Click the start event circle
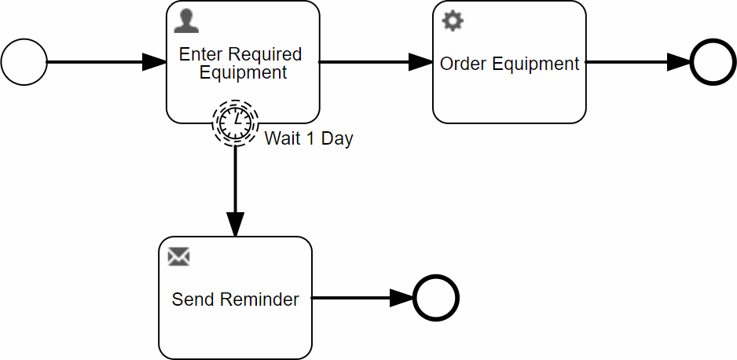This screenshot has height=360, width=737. [x=24, y=62]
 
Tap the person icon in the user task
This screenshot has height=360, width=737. [x=185, y=21]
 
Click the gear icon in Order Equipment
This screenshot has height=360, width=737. [x=453, y=21]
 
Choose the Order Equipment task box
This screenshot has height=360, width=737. [x=509, y=94]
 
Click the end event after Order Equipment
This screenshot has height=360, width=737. [x=713, y=62]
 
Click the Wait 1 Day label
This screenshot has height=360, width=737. [x=309, y=139]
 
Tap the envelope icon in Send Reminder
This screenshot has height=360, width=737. [x=179, y=256]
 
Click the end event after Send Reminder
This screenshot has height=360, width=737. [x=435, y=298]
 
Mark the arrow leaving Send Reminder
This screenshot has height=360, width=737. [x=362, y=298]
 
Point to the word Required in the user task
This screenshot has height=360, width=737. [x=266, y=54]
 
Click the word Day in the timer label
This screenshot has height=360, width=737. [x=338, y=139]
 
